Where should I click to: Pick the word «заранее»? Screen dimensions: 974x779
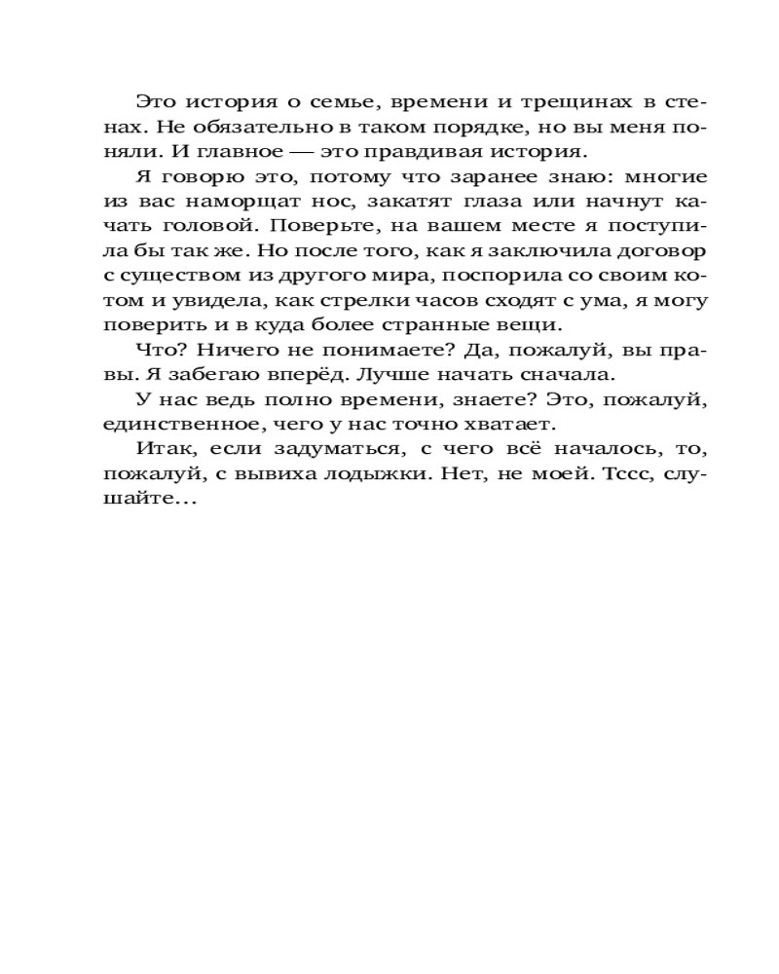482,178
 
